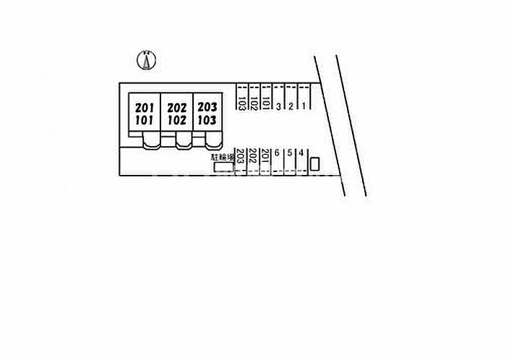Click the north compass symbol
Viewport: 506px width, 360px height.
click(147, 61)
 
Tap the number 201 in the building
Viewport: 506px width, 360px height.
click(144, 107)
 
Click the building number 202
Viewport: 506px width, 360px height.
click(176, 107)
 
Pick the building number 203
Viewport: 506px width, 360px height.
click(207, 107)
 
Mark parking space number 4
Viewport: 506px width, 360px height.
click(301, 153)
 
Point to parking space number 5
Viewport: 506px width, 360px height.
click(289, 153)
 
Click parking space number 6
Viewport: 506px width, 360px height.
click(277, 153)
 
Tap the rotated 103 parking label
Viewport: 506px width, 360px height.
click(241, 103)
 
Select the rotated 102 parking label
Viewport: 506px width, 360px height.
click(254, 103)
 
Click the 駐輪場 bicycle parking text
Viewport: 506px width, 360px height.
click(221, 156)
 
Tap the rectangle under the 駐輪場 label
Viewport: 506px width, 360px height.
click(223, 168)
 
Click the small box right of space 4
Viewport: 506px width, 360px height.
click(314, 163)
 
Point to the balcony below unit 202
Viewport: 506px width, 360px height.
click(184, 141)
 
